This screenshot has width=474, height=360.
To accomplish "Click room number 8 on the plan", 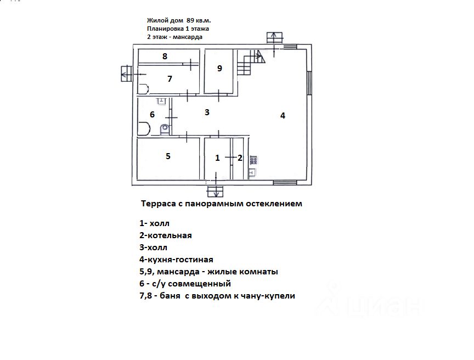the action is click(x=165, y=56).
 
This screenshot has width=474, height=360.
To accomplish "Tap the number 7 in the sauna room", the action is click(x=170, y=79).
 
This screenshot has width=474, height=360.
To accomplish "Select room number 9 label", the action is click(x=220, y=68).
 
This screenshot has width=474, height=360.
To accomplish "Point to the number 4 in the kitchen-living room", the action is click(x=283, y=115).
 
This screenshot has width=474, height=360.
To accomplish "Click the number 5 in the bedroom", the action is click(x=168, y=156).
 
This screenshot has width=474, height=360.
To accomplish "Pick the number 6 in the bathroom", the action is click(x=153, y=115).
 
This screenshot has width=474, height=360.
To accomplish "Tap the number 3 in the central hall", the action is click(x=207, y=113).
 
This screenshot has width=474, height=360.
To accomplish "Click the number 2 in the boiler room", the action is click(x=240, y=158).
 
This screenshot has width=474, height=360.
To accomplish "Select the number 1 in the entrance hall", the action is click(x=217, y=158).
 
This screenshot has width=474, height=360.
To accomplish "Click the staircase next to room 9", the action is click(x=251, y=62).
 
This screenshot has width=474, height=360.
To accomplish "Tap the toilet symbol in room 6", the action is click(x=165, y=130).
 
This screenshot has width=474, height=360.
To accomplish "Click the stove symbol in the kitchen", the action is click(x=254, y=160).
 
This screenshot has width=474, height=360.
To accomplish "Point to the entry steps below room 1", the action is click(x=215, y=192).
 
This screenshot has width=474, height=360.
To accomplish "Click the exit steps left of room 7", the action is click(x=126, y=74).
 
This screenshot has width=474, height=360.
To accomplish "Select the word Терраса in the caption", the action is click(x=159, y=204).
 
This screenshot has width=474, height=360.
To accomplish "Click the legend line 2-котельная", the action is click(x=165, y=235).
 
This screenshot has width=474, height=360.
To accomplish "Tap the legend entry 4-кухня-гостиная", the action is click(x=176, y=260).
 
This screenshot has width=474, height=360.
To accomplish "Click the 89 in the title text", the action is click(x=190, y=20).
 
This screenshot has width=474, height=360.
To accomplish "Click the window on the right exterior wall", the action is click(x=309, y=83).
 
